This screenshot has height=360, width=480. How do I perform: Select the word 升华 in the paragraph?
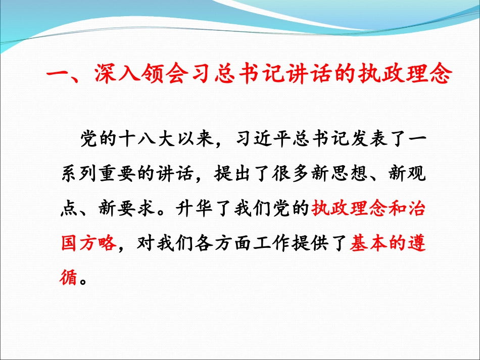[206, 209]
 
